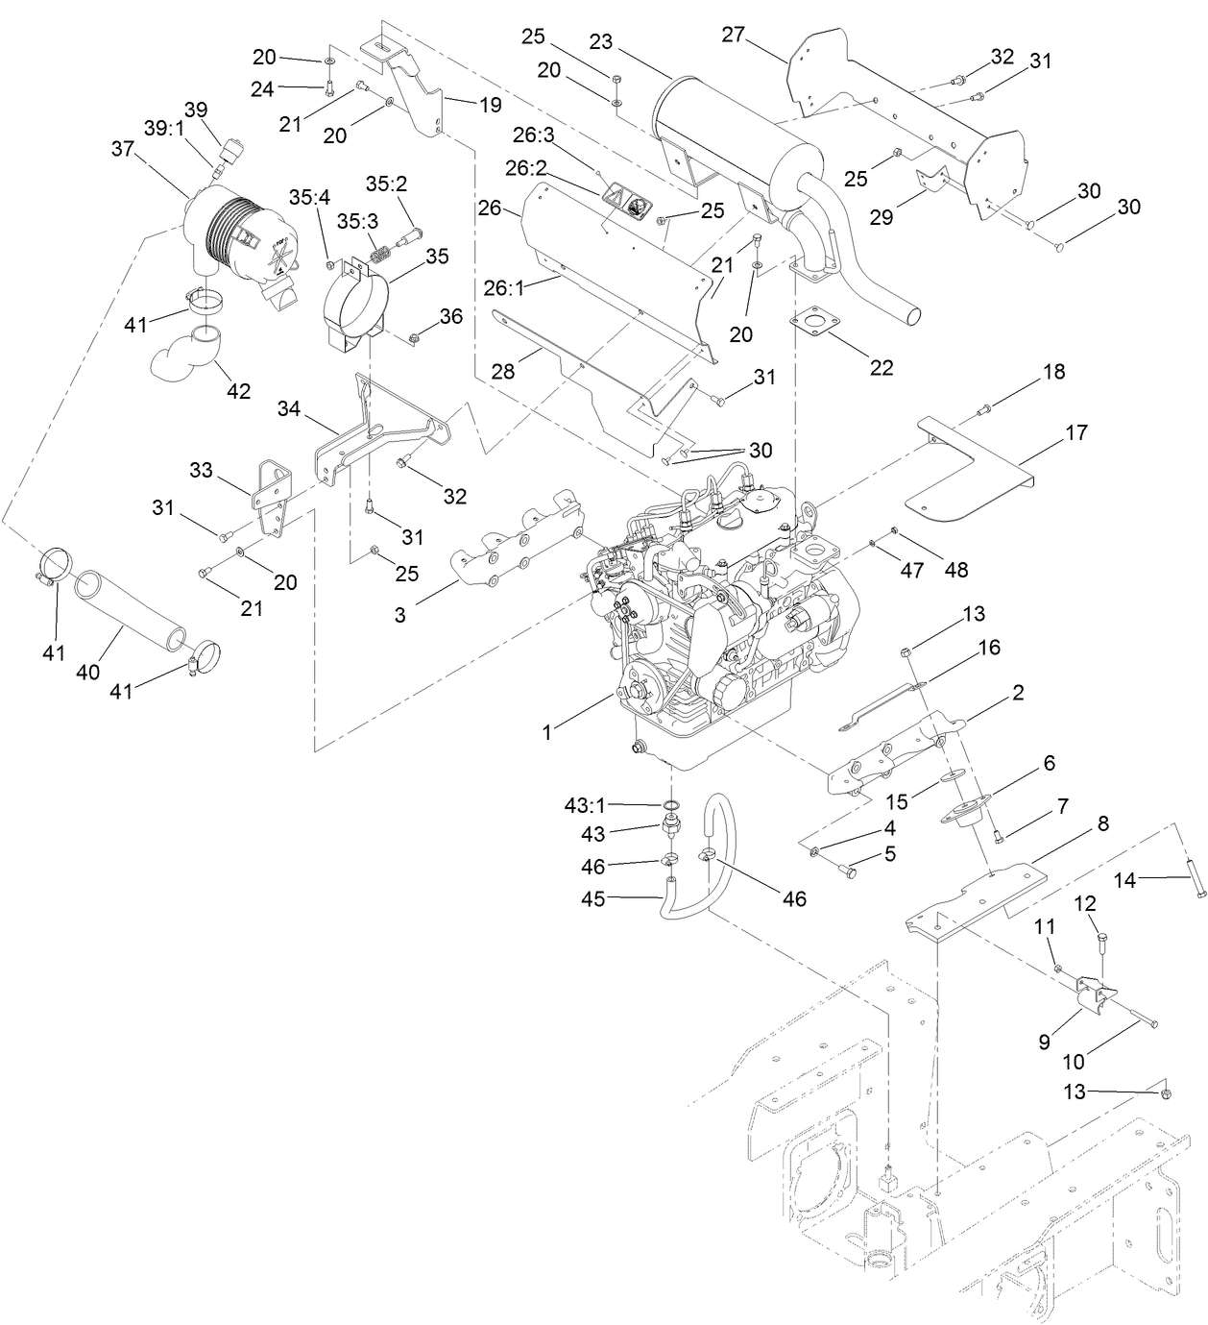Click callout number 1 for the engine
546,732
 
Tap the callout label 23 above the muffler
600,42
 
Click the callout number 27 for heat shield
733,36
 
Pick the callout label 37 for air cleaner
122,149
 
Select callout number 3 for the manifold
399,615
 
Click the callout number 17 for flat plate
1076,432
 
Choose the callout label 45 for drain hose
593,900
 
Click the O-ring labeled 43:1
672,805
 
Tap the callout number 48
955,569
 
